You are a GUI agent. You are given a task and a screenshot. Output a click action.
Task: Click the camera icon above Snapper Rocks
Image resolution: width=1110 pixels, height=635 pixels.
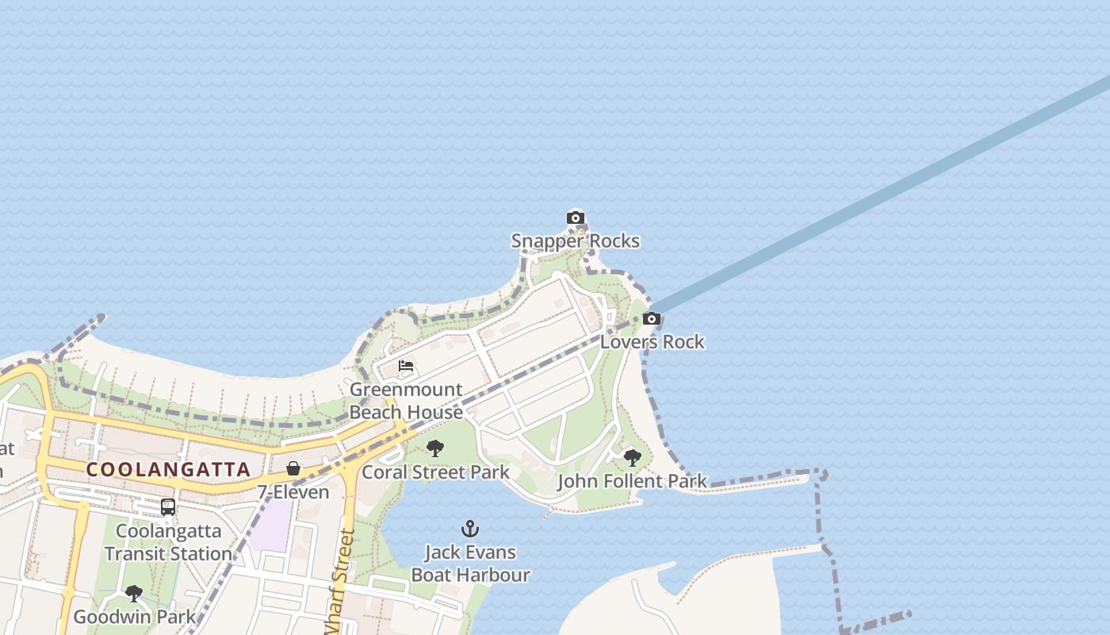pyautogui.click(x=576, y=218)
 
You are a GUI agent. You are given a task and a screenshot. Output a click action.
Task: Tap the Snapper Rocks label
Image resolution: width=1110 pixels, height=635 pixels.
pyautogui.click(x=575, y=241)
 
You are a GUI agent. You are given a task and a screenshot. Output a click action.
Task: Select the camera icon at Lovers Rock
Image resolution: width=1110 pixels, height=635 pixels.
pyautogui.click(x=652, y=319)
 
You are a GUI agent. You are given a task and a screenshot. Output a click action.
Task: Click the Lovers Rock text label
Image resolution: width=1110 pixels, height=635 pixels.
pyautogui.click(x=652, y=342)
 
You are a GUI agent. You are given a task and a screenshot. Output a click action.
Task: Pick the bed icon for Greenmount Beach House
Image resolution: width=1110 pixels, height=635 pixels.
pyautogui.click(x=406, y=366)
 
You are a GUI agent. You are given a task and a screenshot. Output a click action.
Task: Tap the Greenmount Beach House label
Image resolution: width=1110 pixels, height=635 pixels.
pyautogui.click(x=406, y=401)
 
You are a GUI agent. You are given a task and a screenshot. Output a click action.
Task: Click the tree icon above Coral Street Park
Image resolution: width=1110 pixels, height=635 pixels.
pyautogui.click(x=434, y=448)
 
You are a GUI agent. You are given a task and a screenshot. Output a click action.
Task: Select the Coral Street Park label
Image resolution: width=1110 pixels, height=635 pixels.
pyautogui.click(x=435, y=472)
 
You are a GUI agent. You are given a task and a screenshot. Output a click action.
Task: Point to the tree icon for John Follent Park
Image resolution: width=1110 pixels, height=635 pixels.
pyautogui.click(x=632, y=457)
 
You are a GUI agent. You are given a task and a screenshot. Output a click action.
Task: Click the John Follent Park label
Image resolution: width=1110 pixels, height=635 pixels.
pyautogui.click(x=632, y=481)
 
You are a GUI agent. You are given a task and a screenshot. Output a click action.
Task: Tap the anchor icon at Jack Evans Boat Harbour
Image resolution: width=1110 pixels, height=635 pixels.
pyautogui.click(x=470, y=529)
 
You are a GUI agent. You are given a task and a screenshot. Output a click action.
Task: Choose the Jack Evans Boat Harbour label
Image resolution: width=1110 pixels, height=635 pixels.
pyautogui.click(x=470, y=563)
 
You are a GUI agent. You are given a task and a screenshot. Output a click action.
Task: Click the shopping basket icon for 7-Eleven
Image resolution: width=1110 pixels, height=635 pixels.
pyautogui.click(x=293, y=468)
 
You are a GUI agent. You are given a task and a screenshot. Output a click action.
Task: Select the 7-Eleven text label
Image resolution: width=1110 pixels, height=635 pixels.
pyautogui.click(x=293, y=492)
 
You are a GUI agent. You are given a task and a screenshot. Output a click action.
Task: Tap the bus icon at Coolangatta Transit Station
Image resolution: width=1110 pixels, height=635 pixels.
pyautogui.click(x=168, y=506)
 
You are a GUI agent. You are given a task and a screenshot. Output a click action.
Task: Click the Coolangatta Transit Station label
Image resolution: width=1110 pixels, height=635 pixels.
pyautogui.click(x=168, y=541)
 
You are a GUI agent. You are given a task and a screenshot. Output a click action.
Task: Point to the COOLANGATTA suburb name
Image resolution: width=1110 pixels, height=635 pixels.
pyautogui.click(x=168, y=469)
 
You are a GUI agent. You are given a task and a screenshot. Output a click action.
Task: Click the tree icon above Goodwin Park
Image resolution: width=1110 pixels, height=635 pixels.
pyautogui.click(x=134, y=593)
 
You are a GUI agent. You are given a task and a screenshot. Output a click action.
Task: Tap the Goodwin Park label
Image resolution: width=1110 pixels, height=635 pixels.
pyautogui.click(x=134, y=617)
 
